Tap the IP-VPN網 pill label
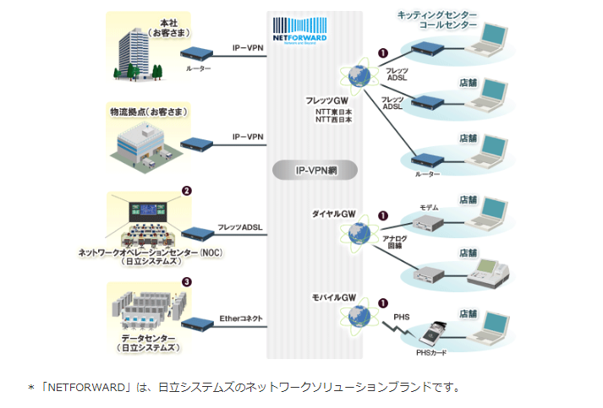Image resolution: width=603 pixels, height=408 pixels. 315,170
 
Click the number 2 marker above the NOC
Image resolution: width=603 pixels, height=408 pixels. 186,191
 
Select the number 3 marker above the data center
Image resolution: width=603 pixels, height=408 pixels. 186,281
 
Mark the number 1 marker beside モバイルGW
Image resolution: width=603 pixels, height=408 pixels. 383,302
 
